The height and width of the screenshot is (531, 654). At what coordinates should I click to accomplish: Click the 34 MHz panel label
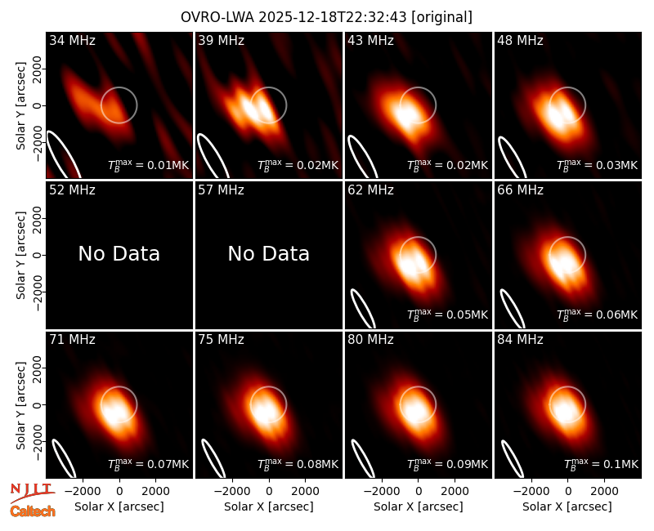point(72,40)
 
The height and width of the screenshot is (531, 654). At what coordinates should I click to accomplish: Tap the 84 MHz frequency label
point(520,340)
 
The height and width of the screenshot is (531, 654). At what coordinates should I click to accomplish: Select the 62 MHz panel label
point(371,190)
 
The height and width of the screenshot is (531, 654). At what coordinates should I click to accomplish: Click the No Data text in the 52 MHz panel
point(119,253)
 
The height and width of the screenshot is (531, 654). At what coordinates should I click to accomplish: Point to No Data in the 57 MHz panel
point(269,253)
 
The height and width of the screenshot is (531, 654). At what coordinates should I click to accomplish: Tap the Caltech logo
point(33,511)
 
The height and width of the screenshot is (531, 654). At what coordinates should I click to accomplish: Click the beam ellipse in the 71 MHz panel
point(64,458)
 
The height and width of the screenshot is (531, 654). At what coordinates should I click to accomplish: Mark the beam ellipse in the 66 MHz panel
point(513,309)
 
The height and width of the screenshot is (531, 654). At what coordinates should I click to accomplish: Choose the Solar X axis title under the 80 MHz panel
point(419,506)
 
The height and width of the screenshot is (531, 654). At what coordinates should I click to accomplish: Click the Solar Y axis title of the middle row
point(21,255)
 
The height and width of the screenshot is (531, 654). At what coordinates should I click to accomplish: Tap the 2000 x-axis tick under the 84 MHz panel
point(604,491)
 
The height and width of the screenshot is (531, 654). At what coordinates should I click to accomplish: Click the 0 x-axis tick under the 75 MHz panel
point(269,491)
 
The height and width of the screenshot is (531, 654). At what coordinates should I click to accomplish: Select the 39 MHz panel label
point(221,40)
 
